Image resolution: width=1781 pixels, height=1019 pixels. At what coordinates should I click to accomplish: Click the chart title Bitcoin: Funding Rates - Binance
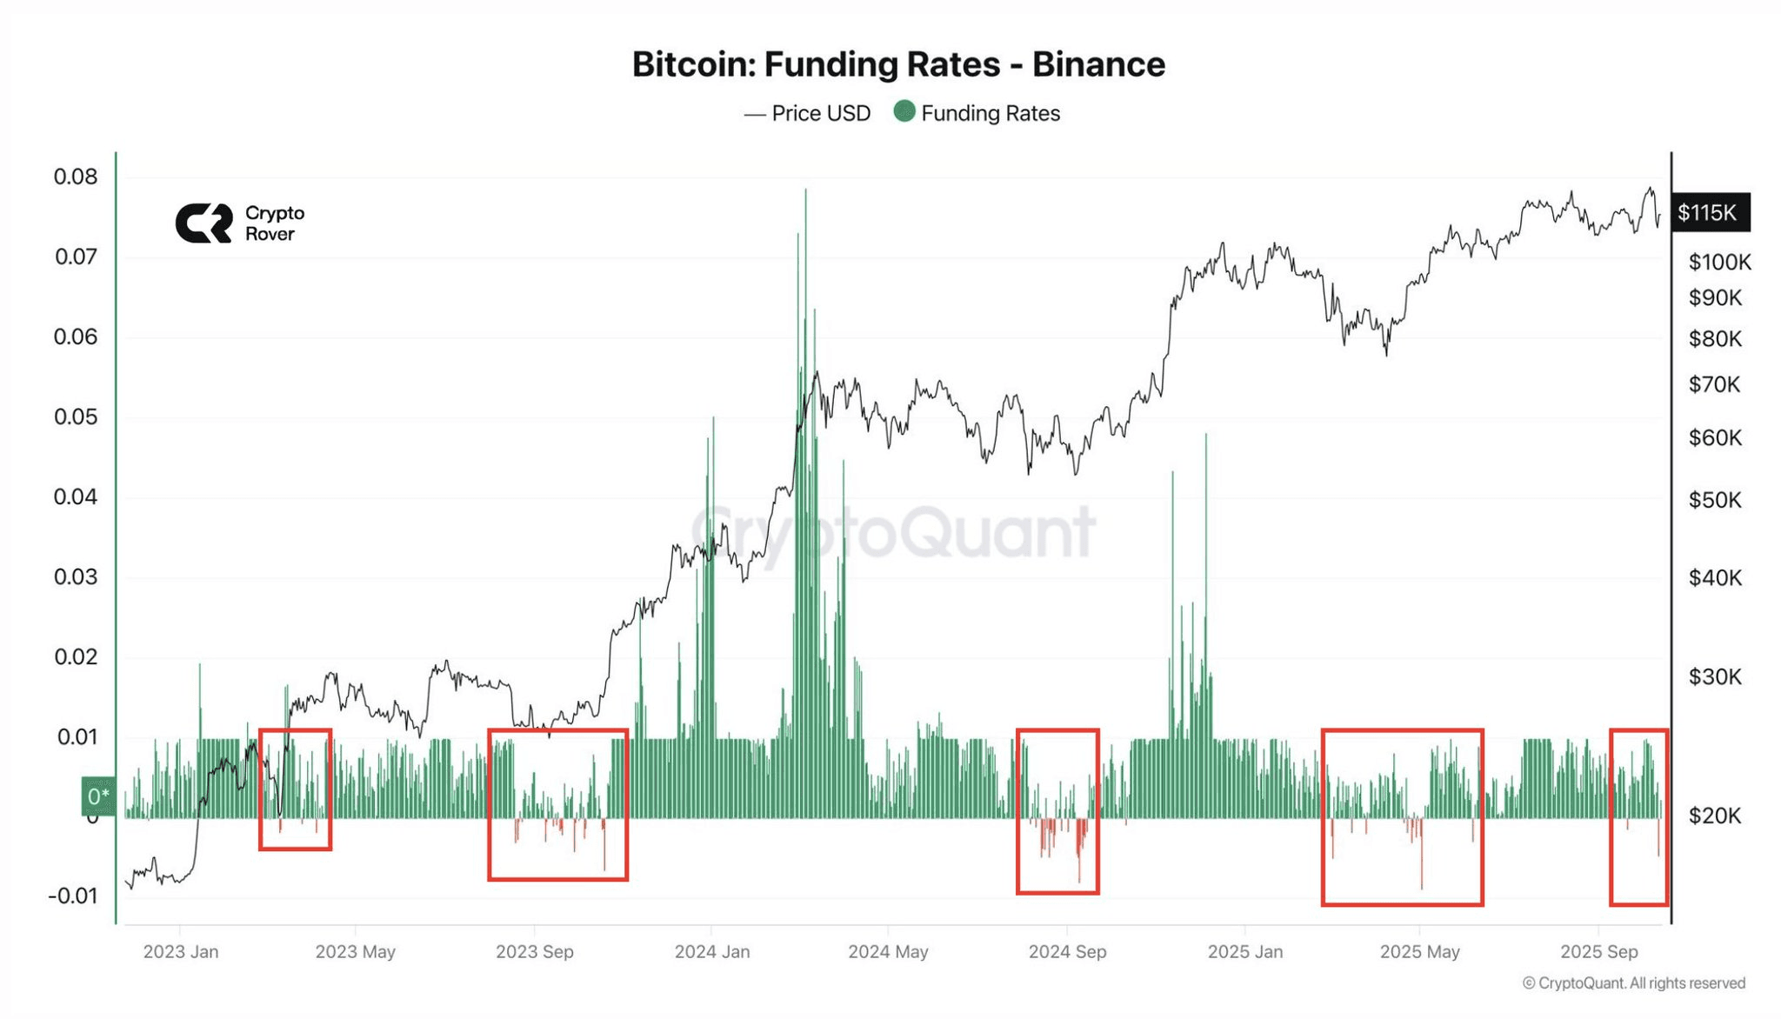point(898,64)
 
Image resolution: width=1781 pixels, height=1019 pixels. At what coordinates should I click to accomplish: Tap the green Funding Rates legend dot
point(904,111)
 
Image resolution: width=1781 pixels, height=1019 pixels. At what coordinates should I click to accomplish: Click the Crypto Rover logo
point(240,223)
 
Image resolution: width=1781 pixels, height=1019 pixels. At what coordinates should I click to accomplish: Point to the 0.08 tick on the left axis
point(76,176)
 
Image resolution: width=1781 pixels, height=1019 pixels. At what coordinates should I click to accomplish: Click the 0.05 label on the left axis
point(76,416)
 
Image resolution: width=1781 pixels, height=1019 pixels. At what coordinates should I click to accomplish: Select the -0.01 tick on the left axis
point(73,896)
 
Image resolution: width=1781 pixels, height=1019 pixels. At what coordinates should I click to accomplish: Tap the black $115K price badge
point(1708,212)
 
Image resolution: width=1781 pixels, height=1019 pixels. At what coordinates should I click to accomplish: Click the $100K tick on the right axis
point(1719,262)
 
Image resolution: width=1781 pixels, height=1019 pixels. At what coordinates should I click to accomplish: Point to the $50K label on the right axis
point(1715,500)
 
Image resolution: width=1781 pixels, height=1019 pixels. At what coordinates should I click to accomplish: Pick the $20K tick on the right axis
point(1715,816)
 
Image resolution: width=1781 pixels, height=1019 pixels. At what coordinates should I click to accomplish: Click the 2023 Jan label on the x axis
point(181,951)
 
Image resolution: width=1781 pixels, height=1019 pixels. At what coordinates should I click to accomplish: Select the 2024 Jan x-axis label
point(712,951)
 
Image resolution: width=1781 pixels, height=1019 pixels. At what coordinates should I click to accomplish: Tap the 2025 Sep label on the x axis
point(1598,951)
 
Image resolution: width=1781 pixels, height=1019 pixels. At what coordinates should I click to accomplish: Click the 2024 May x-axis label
point(888,951)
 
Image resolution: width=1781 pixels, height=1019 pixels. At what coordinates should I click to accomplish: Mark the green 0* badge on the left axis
point(98,796)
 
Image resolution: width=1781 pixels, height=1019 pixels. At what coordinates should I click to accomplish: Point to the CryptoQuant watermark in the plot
point(893,531)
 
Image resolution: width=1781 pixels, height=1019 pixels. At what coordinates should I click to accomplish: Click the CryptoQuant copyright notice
point(1633,982)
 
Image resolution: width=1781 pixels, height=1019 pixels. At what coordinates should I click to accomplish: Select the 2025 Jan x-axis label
point(1244,951)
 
